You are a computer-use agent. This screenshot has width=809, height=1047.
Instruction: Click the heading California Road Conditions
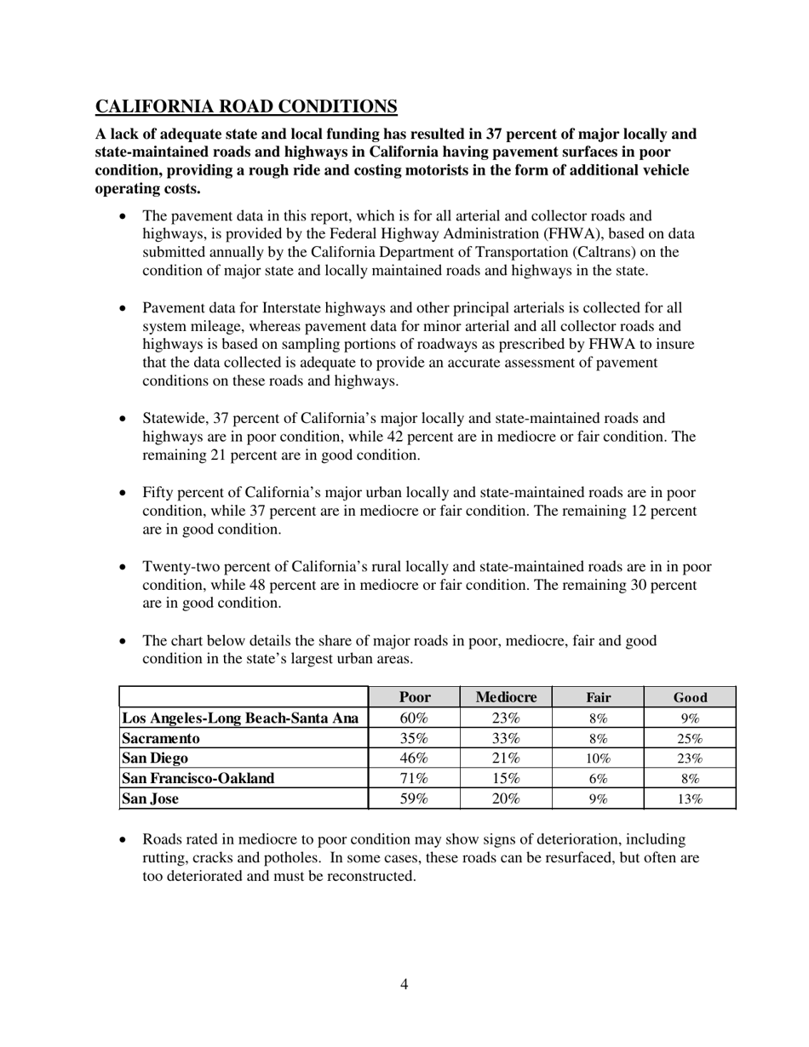pos(246,106)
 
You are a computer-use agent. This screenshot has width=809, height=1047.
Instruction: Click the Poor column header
pos(414,697)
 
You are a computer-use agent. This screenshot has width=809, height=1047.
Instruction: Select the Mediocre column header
pos(506,697)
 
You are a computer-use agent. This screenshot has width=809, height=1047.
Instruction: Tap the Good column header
pos(690,697)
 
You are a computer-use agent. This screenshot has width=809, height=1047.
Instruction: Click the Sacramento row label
pos(161,738)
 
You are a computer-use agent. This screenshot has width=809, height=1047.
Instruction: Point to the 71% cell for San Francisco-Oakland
pos(414,778)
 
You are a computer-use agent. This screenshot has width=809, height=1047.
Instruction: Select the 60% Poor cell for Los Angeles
pos(414,718)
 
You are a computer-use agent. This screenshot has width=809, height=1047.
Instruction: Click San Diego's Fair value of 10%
pos(598,758)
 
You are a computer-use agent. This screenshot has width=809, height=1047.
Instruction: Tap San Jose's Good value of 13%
pos(690,799)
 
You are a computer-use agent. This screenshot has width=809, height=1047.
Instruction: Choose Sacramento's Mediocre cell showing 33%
pos(506,738)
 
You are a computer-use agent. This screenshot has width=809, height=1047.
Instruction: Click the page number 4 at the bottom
pos(404,985)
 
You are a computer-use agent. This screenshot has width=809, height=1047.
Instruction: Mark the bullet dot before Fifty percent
pos(123,493)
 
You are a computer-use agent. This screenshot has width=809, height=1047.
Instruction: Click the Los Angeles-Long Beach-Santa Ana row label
pos(241,718)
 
